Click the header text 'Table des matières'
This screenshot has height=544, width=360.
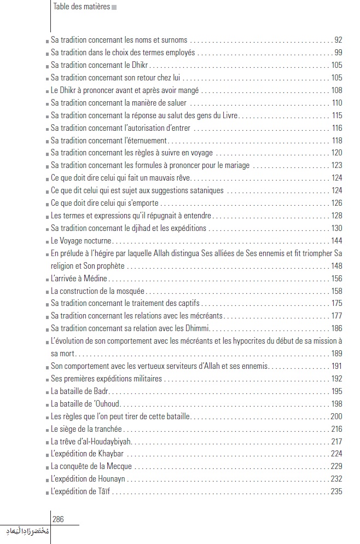82,7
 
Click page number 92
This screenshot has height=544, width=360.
338,40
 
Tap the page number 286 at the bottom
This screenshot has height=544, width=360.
59,519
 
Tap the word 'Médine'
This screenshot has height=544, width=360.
83,279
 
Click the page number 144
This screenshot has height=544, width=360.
336,241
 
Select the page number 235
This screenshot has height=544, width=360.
336,491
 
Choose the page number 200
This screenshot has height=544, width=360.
336,416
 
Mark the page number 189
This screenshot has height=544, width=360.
336,354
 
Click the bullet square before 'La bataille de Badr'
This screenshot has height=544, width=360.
48,392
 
